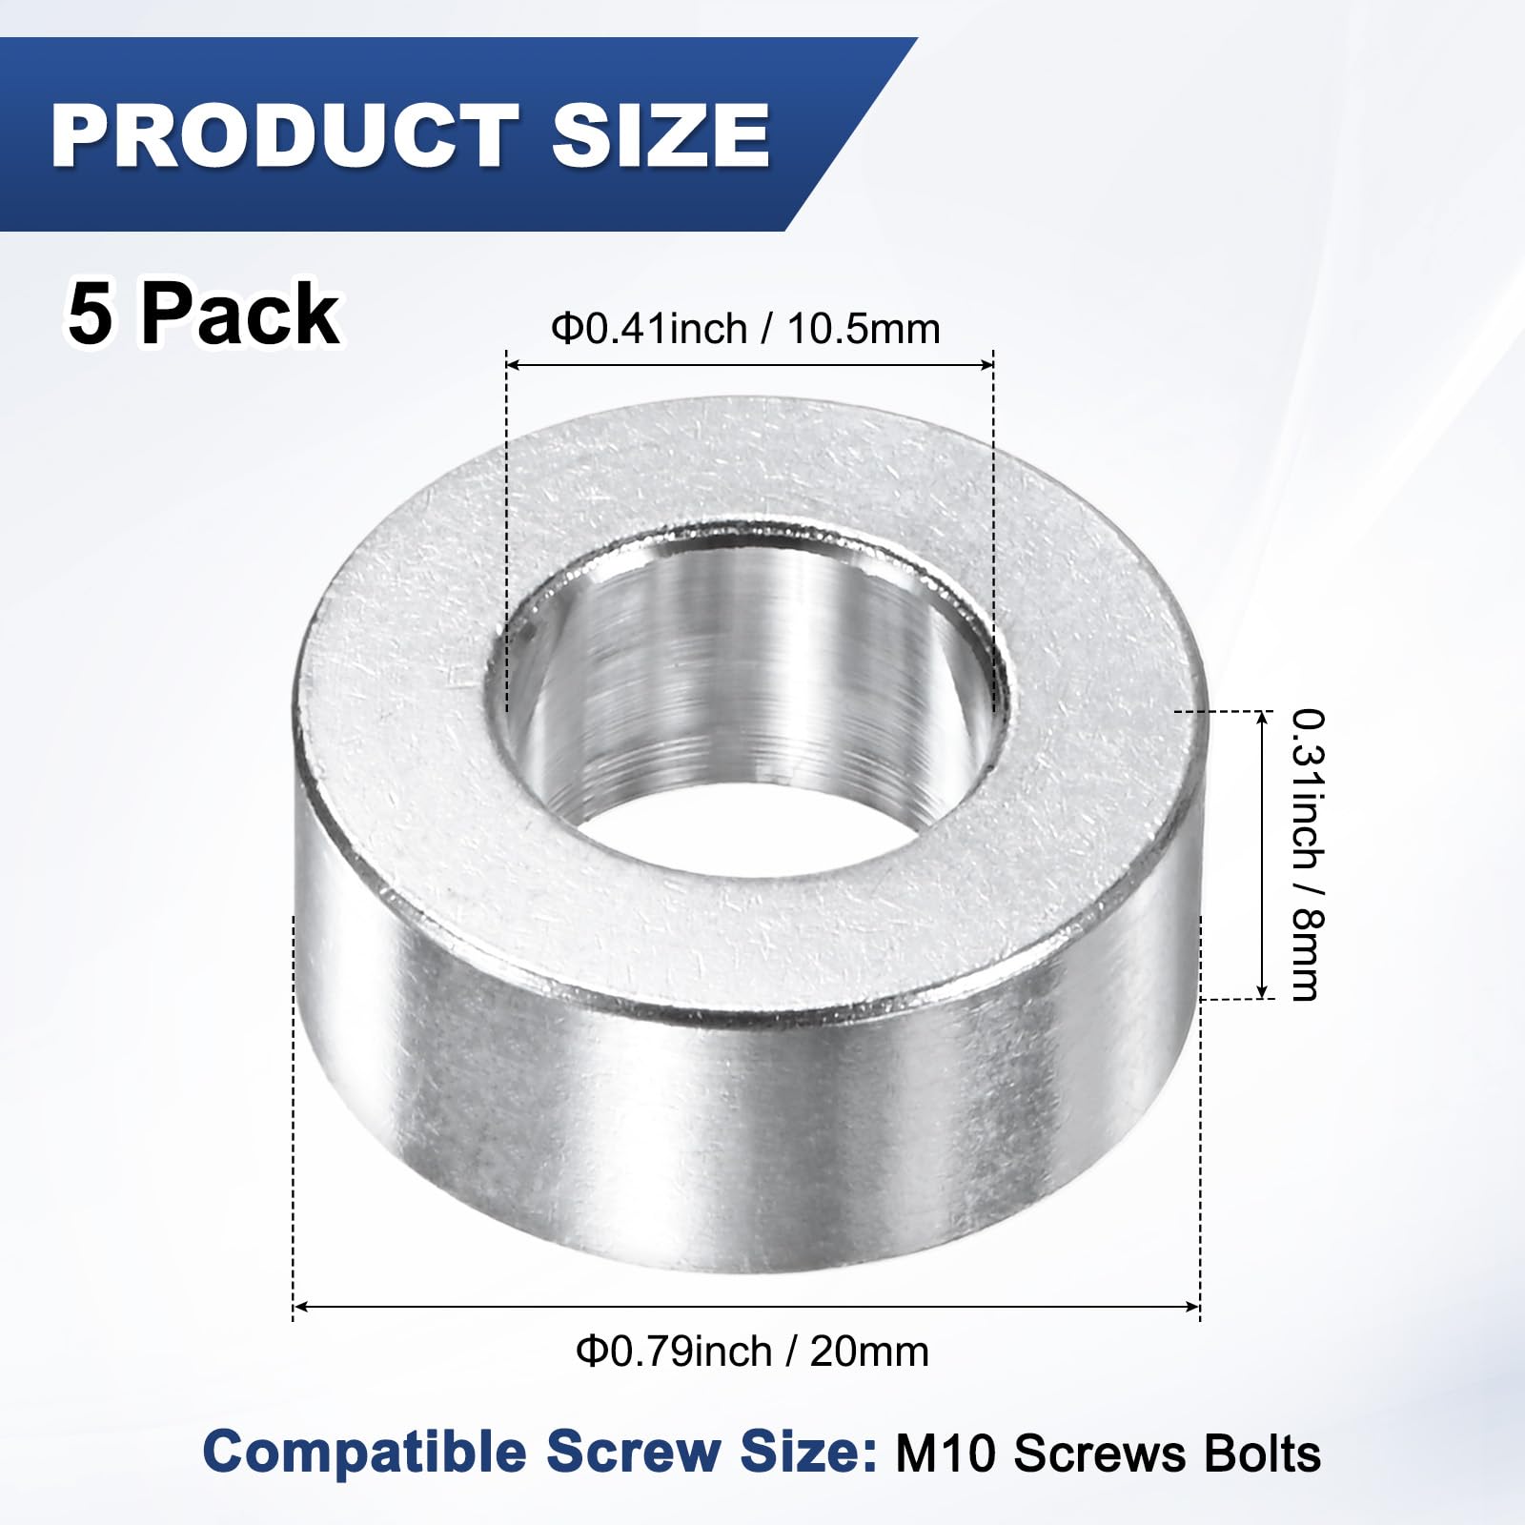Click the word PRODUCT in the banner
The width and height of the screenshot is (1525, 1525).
[x=285, y=134]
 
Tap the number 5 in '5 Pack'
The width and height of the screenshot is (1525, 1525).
[x=91, y=315]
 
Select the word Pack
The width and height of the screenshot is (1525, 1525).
[x=240, y=315]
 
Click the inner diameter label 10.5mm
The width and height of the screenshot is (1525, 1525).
[x=864, y=330]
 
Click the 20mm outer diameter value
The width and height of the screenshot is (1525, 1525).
[x=869, y=1352]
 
